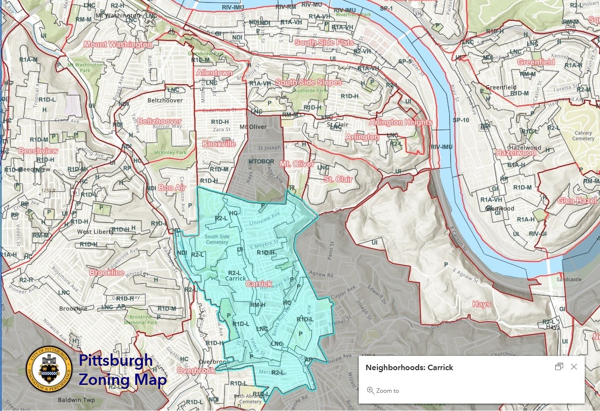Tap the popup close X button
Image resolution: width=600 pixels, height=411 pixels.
tap(574, 367)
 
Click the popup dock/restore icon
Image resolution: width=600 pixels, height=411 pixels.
tap(559, 367)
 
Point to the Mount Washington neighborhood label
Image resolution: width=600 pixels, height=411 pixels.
tap(117, 44)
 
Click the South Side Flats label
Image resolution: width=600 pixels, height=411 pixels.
tap(324, 43)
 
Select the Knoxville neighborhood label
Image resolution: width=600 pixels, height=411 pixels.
tap(219, 144)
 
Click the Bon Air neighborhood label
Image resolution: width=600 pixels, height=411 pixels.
tap(171, 188)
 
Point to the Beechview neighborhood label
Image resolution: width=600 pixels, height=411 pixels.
tap(38, 151)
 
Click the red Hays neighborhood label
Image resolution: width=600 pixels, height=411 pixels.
tap(482, 304)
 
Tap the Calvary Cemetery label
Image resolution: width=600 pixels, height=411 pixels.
tap(583, 135)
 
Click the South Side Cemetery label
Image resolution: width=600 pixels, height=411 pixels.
tap(217, 239)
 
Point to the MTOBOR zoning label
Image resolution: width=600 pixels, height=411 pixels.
tap(260, 161)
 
